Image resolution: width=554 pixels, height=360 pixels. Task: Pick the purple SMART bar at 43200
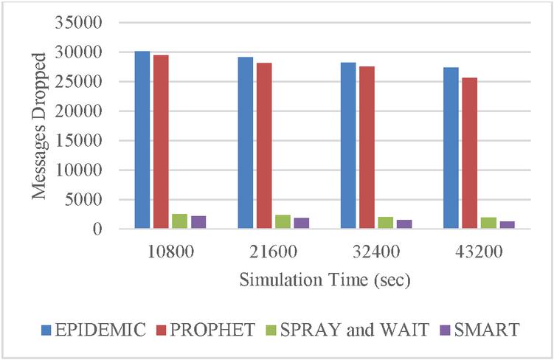[x=507, y=225]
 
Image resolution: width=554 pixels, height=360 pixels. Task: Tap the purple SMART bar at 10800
[x=198, y=223]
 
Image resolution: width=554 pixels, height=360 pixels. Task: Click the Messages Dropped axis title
[x=41, y=125]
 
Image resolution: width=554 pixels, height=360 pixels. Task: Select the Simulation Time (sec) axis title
[x=325, y=281]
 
